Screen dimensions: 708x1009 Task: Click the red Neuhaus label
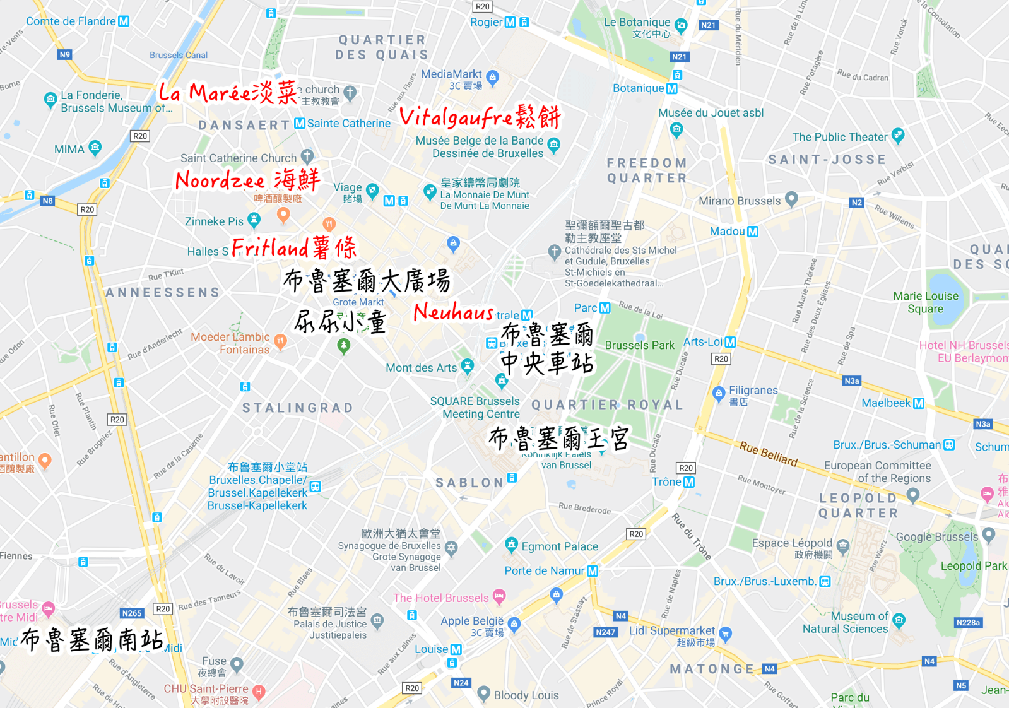click(454, 312)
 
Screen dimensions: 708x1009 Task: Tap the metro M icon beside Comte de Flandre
click(124, 21)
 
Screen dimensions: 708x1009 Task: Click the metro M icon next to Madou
click(753, 232)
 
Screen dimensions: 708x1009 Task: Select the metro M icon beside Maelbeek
click(919, 403)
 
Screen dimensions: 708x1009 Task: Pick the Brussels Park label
click(639, 345)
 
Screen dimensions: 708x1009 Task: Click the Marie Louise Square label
click(926, 302)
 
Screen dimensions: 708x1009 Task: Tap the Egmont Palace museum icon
click(511, 544)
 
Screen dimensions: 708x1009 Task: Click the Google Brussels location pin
click(989, 535)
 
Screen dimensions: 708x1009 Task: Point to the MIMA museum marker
click(95, 148)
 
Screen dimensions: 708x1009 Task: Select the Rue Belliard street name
click(769, 454)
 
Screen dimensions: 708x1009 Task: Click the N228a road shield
click(968, 623)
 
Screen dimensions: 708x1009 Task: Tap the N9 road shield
click(65, 55)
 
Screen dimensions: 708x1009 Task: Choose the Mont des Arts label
click(421, 368)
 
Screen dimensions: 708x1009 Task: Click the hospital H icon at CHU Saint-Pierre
click(259, 692)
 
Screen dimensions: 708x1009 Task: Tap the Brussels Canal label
click(179, 56)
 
